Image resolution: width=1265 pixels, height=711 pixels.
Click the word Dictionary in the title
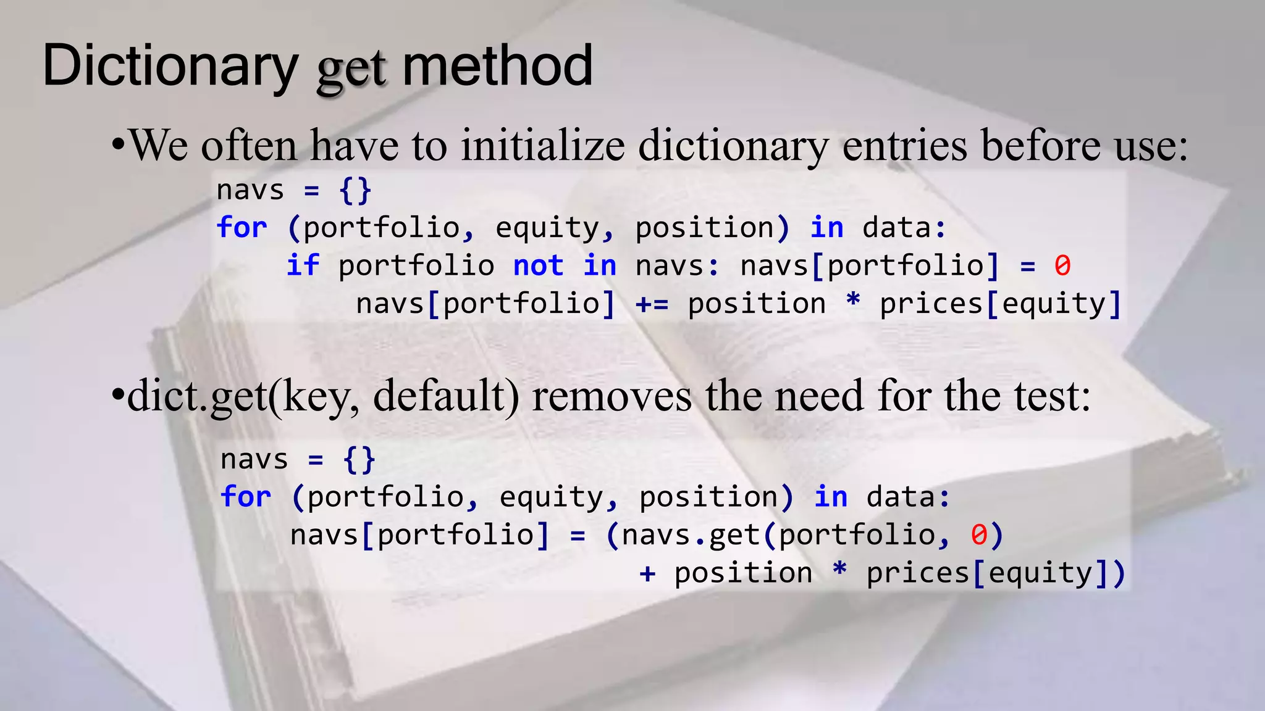pyautogui.click(x=170, y=67)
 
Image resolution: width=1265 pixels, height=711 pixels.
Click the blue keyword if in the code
pyautogui.click(x=303, y=266)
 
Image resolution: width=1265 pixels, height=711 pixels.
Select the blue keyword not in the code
pyautogui.click(x=538, y=266)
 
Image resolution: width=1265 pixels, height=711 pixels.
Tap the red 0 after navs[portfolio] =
pyautogui.click(x=1062, y=266)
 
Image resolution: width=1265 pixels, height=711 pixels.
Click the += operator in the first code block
pyautogui.click(x=652, y=304)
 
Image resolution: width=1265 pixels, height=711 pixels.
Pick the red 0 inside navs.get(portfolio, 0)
pyautogui.click(x=978, y=535)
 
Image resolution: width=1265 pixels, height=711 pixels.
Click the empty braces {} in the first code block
pyautogui.click(x=355, y=190)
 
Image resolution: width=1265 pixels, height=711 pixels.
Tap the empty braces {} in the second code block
pyautogui.click(x=359, y=459)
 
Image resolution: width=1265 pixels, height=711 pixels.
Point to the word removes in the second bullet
pyautogui.click(x=611, y=396)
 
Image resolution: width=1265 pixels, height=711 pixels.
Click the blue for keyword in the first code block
pyautogui.click(x=242, y=228)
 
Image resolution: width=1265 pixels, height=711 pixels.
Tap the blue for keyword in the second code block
pyautogui.click(x=245, y=497)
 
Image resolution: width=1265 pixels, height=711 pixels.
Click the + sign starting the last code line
pyautogui.click(x=647, y=573)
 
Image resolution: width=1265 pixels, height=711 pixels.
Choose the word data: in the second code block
pyautogui.click(x=908, y=497)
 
